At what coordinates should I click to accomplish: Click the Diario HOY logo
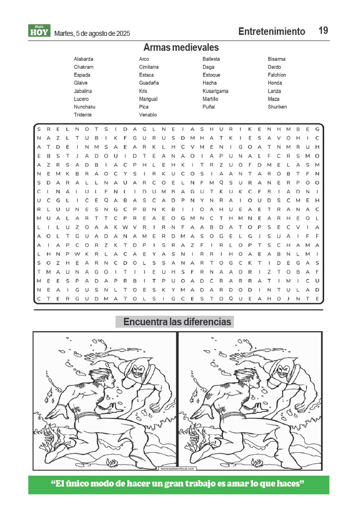point(39,31)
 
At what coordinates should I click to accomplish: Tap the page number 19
point(323,31)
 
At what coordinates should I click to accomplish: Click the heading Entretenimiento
point(271,32)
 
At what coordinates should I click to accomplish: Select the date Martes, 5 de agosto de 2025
point(92,33)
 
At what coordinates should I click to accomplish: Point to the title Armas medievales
point(181,48)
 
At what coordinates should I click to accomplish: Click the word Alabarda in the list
point(84,59)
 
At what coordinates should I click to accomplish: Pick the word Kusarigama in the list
point(215,91)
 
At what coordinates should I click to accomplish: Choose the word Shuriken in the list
point(277,107)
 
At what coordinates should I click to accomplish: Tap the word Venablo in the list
point(148,115)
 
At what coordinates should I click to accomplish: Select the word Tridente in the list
point(83,115)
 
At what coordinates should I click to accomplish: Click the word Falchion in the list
point(277,75)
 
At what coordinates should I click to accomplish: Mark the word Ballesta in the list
point(211,59)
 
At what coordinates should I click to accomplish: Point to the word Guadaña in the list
point(149,83)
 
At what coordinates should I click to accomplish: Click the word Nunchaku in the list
point(85,107)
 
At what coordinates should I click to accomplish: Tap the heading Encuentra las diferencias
point(177,322)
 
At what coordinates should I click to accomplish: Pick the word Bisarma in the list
point(276,59)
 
